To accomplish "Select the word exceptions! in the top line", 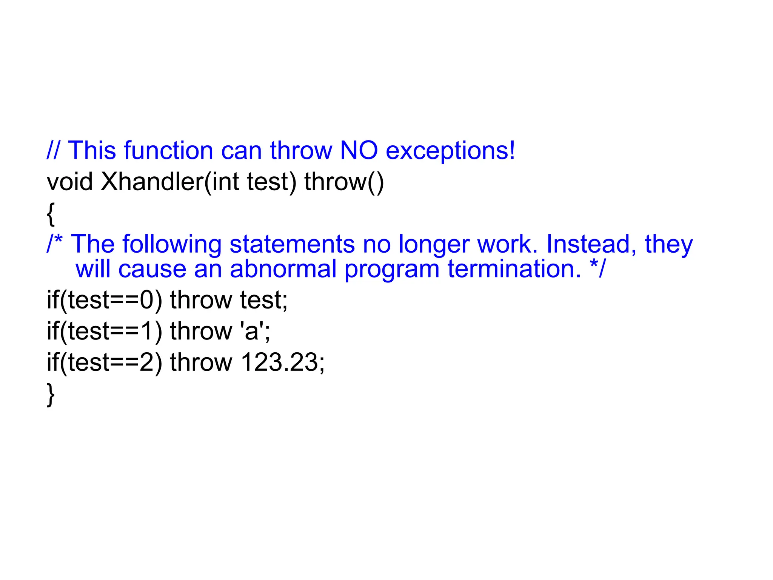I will click(x=450, y=151).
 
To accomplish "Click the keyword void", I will click(x=69, y=182).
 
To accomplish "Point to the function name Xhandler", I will click(x=152, y=182).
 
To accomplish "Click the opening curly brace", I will click(x=51, y=214).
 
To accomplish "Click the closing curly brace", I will click(x=51, y=395).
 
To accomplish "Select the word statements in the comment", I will click(x=292, y=244).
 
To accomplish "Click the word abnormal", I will click(x=283, y=269).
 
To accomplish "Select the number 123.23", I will click(x=282, y=362).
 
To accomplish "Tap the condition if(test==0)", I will click(x=104, y=300).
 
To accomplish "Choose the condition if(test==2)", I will click(x=104, y=362).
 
